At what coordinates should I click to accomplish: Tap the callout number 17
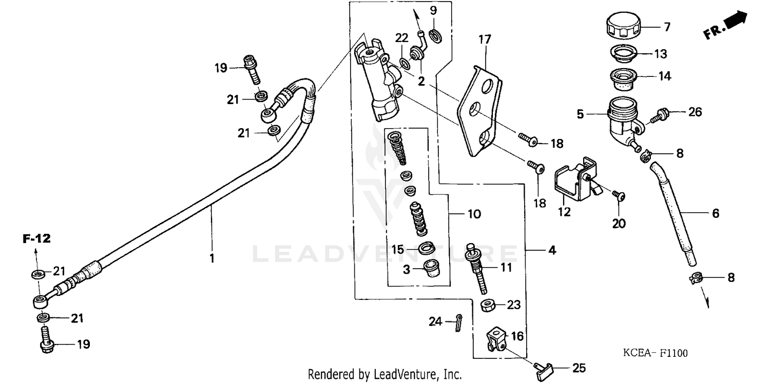point(485,39)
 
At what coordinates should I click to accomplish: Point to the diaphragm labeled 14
point(622,77)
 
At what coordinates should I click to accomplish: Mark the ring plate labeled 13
point(622,53)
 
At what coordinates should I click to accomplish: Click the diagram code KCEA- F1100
point(655,353)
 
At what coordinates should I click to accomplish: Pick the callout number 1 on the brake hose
point(211,258)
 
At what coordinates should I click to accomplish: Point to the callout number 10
point(474,213)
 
